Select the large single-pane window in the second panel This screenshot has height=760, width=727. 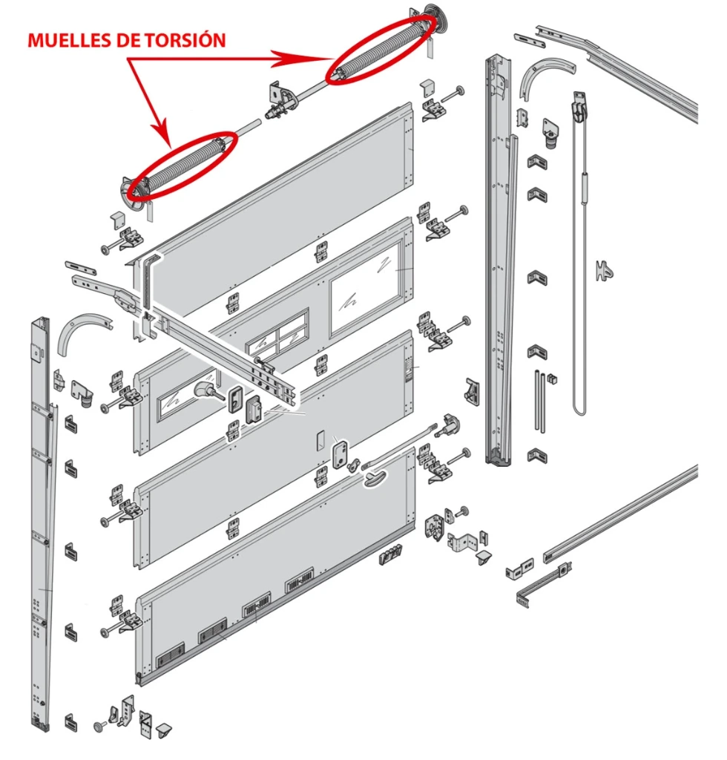366,289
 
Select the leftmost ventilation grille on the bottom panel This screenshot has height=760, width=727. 171,654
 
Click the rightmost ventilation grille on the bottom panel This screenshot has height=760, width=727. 299,578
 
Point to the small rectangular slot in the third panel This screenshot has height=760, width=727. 320,442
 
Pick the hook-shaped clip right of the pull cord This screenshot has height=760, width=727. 605,270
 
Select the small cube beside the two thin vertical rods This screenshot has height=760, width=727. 553,379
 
